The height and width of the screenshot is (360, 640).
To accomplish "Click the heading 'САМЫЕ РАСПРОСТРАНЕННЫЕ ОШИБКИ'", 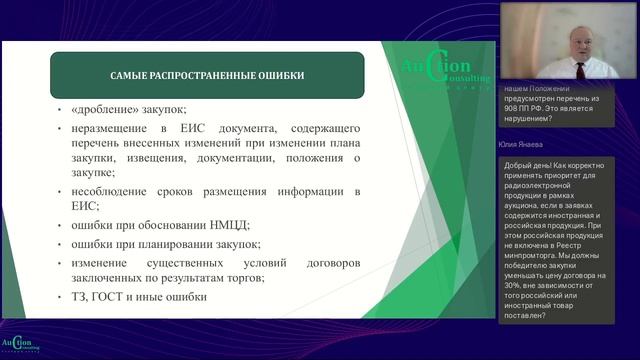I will [x=208, y=75].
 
